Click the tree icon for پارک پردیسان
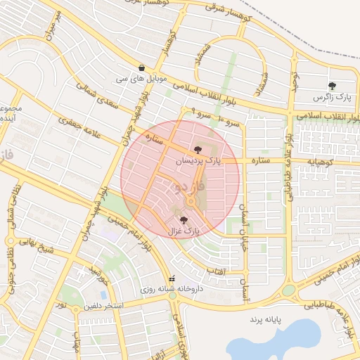coord(198,149)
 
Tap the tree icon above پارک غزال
coord(184,220)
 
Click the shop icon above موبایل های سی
coord(143,68)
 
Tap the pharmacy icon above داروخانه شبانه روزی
coord(173,278)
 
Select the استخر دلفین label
coord(104,306)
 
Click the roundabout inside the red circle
coord(191,203)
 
